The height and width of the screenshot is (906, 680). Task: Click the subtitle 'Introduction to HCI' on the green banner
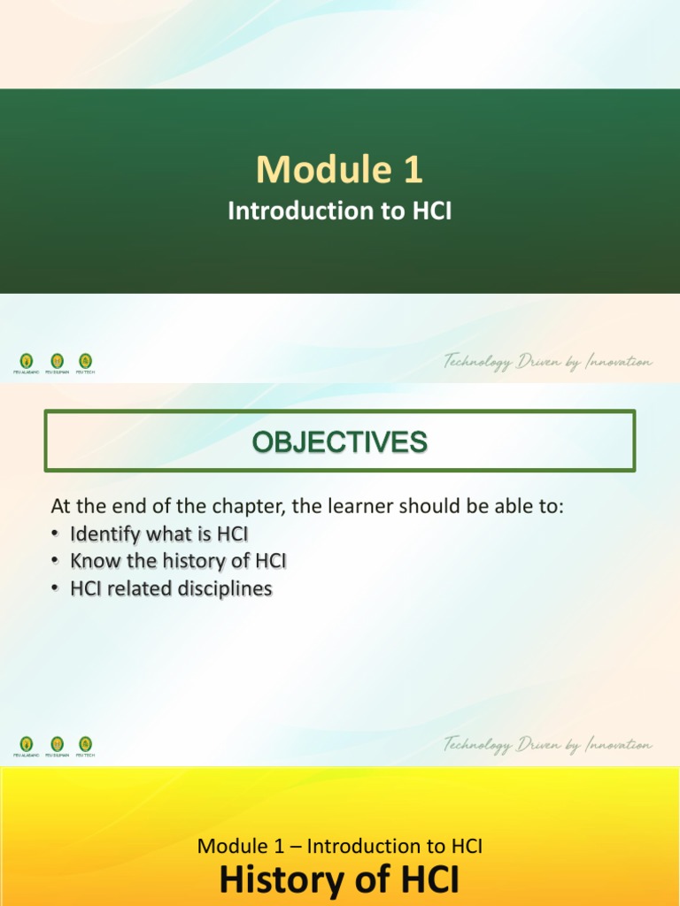[340, 211]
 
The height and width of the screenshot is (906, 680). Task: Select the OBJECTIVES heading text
[340, 441]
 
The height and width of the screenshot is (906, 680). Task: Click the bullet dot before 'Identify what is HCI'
[57, 534]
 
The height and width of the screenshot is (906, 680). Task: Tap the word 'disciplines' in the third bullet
[228, 588]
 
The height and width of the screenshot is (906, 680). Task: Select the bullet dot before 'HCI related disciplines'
[57, 588]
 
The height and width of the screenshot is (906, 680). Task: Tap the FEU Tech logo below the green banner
[85, 361]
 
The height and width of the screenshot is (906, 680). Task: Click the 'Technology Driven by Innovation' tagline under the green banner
[548, 362]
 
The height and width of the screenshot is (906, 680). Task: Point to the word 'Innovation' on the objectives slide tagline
[618, 745]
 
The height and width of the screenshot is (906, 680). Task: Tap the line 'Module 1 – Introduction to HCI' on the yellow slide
[340, 846]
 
